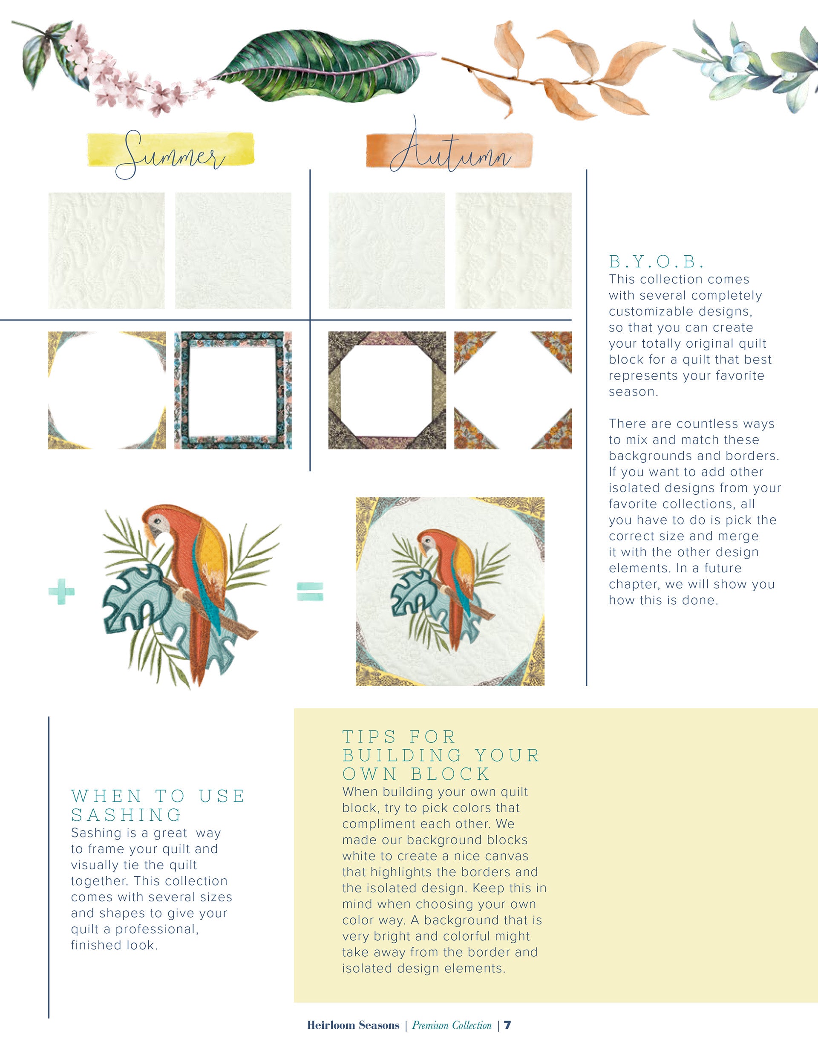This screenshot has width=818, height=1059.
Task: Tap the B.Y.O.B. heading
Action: (x=656, y=262)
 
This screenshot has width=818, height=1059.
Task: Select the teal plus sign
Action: (x=62, y=592)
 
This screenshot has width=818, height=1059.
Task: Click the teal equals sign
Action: (x=310, y=591)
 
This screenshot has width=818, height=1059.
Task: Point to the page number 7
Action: (x=507, y=1025)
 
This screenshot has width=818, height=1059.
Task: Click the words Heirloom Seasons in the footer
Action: (x=353, y=1025)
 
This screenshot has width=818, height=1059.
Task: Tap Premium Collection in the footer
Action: (x=452, y=1025)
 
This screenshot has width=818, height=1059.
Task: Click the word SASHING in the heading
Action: (x=126, y=815)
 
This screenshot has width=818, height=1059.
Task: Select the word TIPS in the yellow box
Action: (x=369, y=736)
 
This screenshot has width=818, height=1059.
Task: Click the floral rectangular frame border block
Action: (x=233, y=390)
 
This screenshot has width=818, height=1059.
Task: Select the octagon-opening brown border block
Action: (x=387, y=390)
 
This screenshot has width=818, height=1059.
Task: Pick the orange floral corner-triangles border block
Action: (x=513, y=390)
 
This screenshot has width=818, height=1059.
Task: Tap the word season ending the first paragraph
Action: (x=632, y=392)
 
